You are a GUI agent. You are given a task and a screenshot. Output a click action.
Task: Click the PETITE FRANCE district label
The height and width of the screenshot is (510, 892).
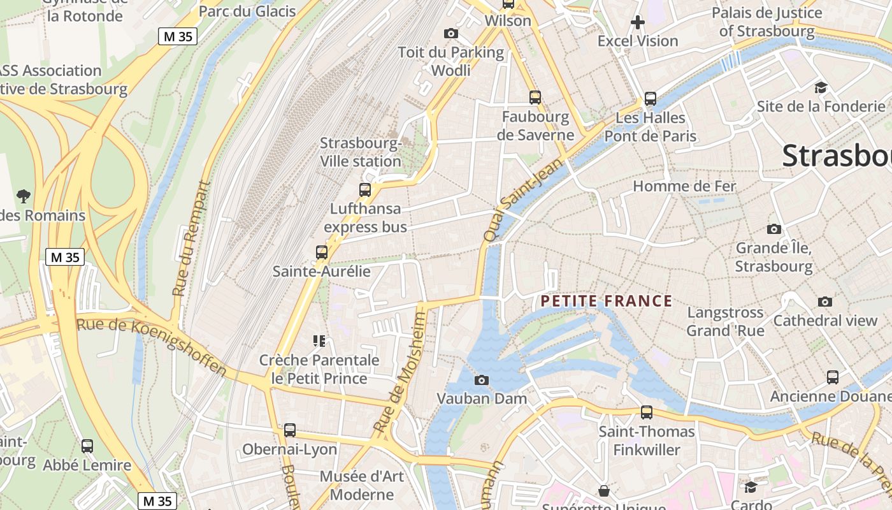click(606, 301)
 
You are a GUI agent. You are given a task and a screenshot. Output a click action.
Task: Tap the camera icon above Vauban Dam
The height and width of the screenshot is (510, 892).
click(482, 381)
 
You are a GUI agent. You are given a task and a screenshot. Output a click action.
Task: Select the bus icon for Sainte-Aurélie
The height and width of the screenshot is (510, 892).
click(322, 252)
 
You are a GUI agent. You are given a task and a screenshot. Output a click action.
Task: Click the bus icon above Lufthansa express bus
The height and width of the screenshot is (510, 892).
click(365, 189)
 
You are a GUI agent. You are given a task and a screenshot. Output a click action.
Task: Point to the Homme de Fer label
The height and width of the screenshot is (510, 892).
click(684, 186)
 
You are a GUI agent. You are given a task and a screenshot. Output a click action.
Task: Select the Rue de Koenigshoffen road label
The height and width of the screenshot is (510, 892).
click(152, 347)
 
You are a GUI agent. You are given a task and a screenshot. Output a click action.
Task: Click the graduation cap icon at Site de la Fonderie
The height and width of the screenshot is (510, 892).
click(821, 88)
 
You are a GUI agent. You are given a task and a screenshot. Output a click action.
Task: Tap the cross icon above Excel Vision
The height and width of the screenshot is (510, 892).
click(638, 23)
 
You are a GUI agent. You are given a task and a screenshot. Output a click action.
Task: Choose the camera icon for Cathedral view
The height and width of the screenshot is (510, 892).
click(825, 302)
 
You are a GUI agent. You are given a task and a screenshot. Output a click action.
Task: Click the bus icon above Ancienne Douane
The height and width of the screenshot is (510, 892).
click(833, 377)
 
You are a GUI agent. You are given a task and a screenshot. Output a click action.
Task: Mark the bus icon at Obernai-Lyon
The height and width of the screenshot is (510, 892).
click(290, 430)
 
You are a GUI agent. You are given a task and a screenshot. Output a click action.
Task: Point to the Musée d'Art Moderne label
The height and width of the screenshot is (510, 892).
click(362, 485)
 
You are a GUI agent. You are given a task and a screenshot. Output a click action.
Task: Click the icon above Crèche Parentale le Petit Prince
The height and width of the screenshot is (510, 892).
click(319, 341)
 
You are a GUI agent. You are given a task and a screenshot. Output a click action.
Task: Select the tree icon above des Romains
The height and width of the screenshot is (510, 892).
click(24, 196)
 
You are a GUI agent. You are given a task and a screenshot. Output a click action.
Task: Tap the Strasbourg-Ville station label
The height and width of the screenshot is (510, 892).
click(361, 152)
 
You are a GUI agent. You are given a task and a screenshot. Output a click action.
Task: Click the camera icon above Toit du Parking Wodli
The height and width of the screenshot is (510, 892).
click(451, 33)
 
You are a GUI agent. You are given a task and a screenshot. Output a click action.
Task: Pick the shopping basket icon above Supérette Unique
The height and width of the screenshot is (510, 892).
click(603, 490)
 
